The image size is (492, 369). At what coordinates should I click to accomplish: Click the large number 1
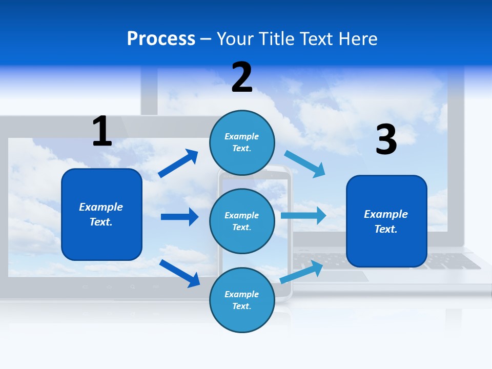[102, 131]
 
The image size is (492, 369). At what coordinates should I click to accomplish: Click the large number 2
[242, 77]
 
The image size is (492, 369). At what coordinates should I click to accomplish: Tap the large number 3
[386, 139]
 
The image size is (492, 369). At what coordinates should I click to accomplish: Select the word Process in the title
[161, 39]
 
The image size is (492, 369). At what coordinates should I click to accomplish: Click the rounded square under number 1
[101, 214]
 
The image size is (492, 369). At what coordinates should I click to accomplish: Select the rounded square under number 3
[386, 221]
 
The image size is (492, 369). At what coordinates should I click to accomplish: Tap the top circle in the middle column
[242, 142]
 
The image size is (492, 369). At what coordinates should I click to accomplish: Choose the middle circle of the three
[242, 221]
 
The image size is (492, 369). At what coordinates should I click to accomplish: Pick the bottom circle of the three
[242, 300]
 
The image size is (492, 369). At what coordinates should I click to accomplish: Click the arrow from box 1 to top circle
[178, 163]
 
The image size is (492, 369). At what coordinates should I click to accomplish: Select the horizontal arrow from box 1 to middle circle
[179, 217]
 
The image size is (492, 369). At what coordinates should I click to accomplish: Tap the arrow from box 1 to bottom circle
[180, 273]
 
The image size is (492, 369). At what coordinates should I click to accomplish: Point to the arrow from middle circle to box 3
[303, 215]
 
